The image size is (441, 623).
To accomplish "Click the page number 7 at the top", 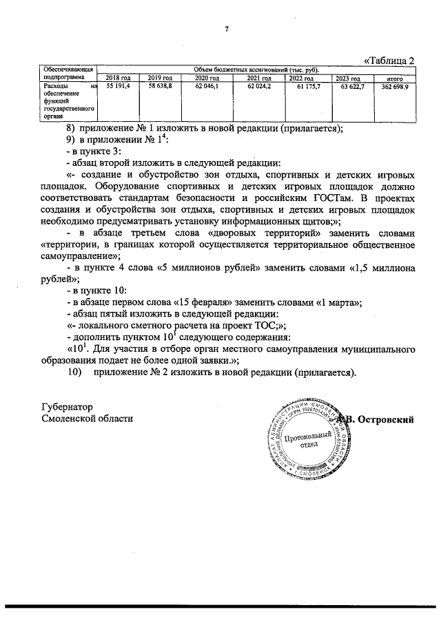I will pos(226,28).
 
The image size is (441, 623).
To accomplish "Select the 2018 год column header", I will pos(118,78).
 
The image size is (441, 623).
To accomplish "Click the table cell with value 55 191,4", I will pos(118,87).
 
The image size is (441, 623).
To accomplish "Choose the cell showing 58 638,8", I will pos(159,87).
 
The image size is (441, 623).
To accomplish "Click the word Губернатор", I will pos(67,407).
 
